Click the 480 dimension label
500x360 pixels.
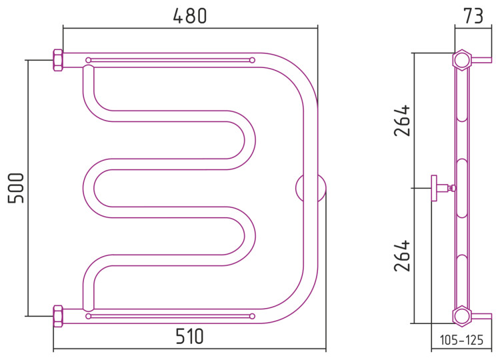coord(190,16)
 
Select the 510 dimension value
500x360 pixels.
coord(189,337)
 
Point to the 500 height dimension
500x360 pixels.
coord(16,188)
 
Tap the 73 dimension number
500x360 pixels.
coord(473,16)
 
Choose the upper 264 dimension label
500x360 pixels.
coord(402,120)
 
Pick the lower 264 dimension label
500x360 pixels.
coord(402,256)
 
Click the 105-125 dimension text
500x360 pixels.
coord(461,340)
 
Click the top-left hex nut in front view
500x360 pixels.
coord(58,60)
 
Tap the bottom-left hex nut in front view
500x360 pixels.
coord(58,316)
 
